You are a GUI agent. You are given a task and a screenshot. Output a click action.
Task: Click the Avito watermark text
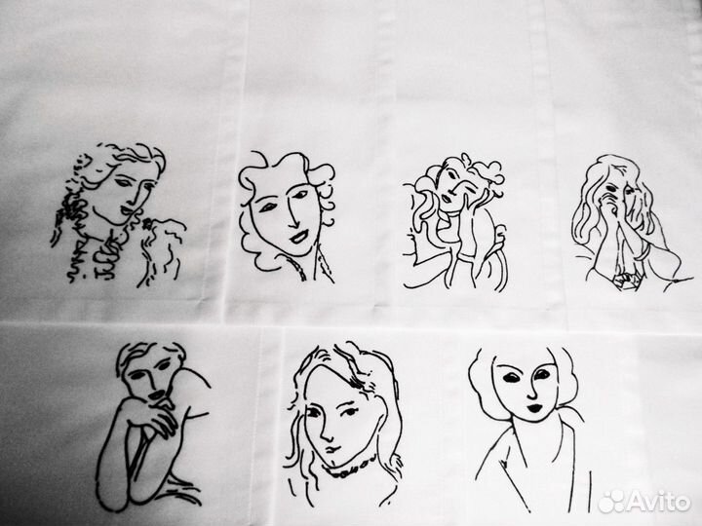pyautogui.click(x=658, y=501)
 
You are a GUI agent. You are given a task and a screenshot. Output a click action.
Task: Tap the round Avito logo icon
pyautogui.click(x=610, y=502)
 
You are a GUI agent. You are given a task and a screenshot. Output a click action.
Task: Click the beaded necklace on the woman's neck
pyautogui.click(x=350, y=466)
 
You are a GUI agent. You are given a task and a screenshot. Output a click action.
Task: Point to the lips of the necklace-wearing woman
pyautogui.click(x=331, y=448)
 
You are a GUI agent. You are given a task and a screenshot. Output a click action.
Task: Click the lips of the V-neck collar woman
pyautogui.click(x=534, y=408)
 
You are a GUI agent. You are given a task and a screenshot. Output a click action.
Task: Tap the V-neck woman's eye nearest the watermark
pyautogui.click(x=542, y=374)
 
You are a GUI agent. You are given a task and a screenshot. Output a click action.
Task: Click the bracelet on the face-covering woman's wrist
pyautogui.click(x=643, y=252)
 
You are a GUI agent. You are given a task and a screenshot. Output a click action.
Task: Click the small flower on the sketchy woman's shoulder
pyautogui.click(x=147, y=224)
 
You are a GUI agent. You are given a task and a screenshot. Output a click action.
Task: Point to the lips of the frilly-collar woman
pyautogui.click(x=298, y=237)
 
